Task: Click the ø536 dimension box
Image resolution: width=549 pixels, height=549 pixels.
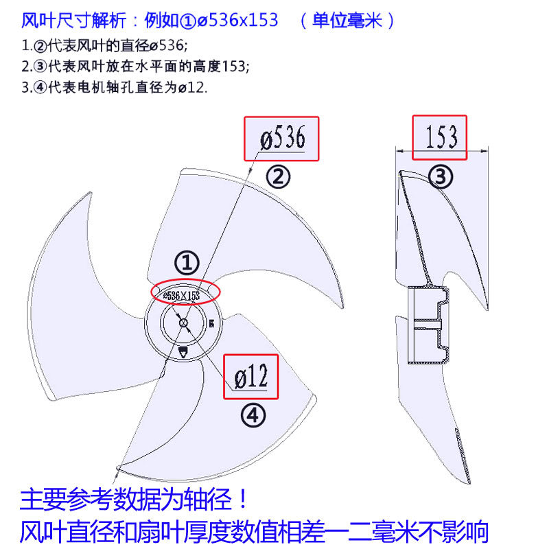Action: [282, 138]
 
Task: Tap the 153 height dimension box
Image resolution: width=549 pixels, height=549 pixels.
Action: [439, 137]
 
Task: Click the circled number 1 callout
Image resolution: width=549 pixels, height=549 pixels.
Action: [186, 262]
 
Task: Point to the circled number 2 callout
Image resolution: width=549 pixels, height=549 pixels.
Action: [278, 177]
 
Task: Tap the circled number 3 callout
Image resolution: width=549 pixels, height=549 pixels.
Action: [441, 177]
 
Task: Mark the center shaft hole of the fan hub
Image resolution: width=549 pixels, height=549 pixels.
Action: [183, 323]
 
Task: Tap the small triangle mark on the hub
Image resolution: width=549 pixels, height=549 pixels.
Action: [184, 353]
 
